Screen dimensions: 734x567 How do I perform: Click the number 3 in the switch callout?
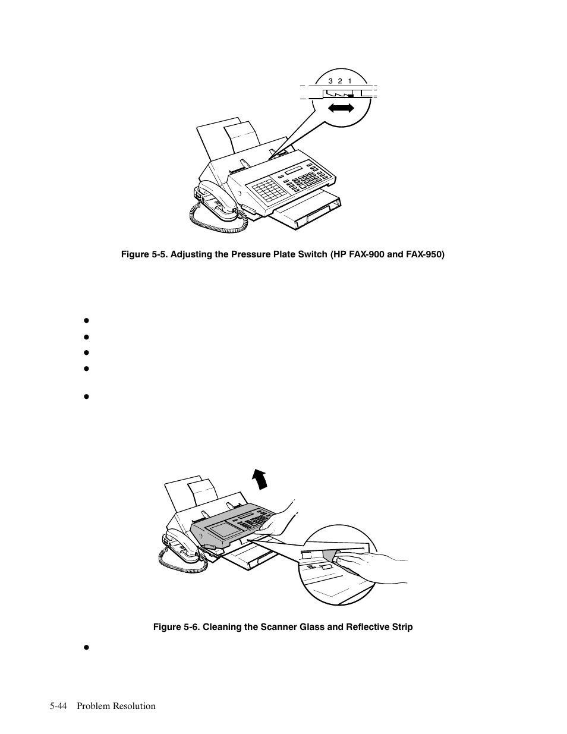pyautogui.click(x=330, y=81)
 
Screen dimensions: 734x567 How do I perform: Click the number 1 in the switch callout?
pyautogui.click(x=350, y=81)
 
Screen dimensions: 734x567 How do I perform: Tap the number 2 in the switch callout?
pyautogui.click(x=340, y=81)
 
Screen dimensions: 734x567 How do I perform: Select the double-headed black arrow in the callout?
pyautogui.click(x=342, y=108)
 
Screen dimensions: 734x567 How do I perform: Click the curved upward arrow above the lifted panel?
pyautogui.click(x=259, y=477)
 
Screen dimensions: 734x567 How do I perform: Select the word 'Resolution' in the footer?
pyautogui.click(x=135, y=706)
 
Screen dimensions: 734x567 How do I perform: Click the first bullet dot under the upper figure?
pyautogui.click(x=86, y=320)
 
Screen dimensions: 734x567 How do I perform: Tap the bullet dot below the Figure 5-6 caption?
pyautogui.click(x=86, y=647)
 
